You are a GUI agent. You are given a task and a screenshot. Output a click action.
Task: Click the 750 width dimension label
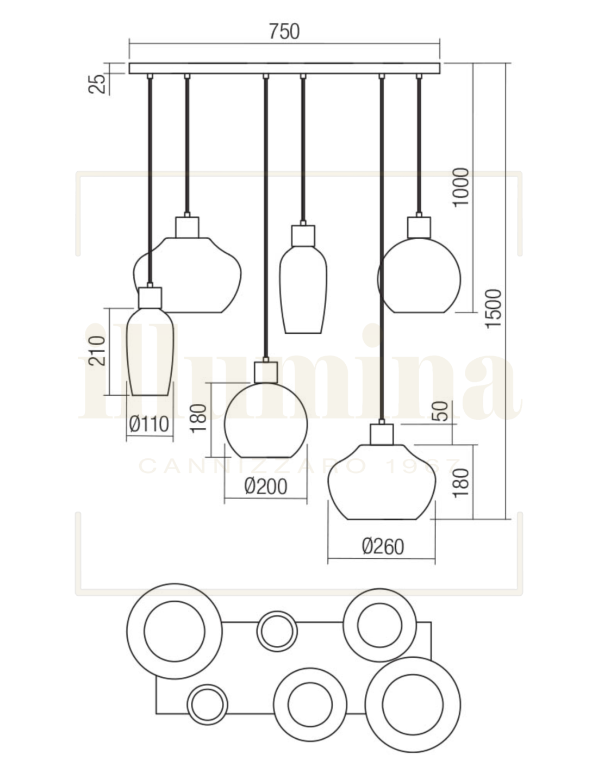(x=284, y=32)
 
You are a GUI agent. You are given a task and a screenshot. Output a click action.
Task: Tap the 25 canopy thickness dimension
(x=97, y=83)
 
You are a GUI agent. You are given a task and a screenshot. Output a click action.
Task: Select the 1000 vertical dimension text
(x=460, y=186)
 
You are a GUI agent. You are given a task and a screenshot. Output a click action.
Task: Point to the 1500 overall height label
(x=493, y=309)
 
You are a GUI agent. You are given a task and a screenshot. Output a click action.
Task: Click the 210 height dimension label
(x=97, y=351)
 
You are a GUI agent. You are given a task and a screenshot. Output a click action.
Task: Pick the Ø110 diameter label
(x=149, y=424)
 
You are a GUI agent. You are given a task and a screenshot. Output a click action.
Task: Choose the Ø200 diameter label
(x=266, y=487)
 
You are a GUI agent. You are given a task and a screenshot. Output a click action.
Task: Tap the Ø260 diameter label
(x=383, y=547)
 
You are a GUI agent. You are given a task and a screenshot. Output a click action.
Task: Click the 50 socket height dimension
(x=441, y=411)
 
